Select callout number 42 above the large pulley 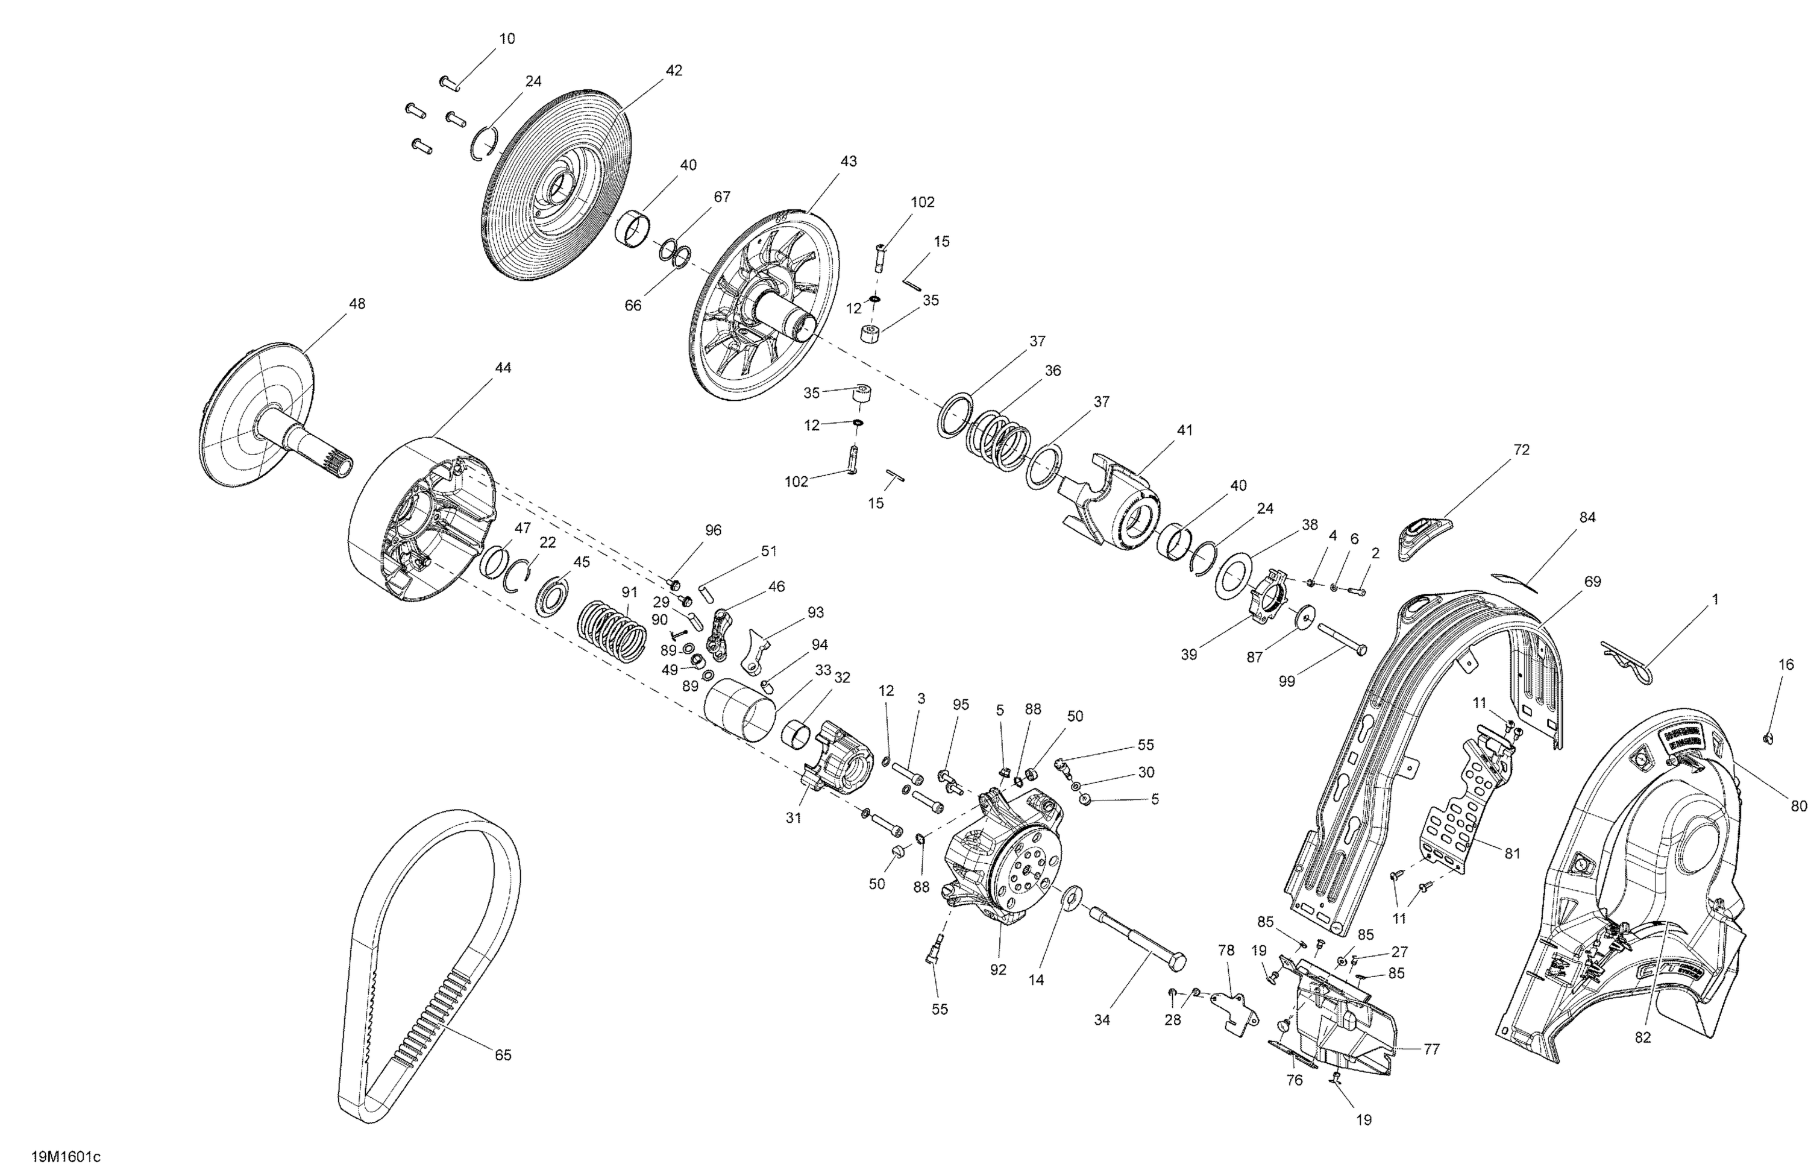point(673,71)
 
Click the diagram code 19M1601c point(66,1156)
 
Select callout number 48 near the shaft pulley point(356,304)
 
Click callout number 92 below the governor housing point(998,969)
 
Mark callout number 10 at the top point(507,39)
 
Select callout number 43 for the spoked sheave point(849,162)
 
